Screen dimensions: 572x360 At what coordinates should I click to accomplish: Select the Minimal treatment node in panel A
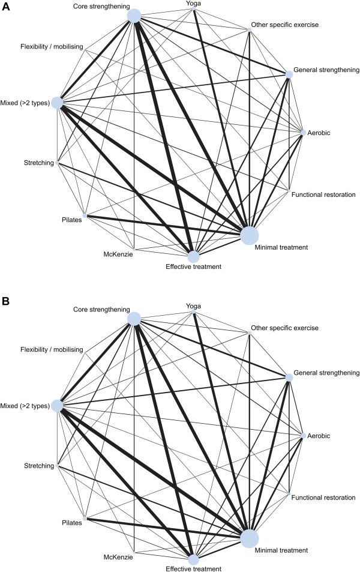(x=249, y=235)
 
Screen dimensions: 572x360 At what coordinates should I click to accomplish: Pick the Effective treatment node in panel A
(x=193, y=256)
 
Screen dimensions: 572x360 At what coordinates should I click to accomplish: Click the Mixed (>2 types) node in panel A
(x=57, y=103)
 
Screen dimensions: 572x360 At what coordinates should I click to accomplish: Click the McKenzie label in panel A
(x=118, y=254)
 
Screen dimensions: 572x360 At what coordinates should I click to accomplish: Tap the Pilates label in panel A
(x=70, y=220)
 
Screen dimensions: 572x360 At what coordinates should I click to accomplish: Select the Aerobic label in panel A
(x=322, y=132)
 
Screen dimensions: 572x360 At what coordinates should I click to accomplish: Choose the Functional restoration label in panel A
(x=323, y=194)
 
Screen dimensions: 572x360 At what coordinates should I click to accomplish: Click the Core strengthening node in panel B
(x=134, y=319)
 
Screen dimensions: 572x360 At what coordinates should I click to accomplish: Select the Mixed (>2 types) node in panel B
(x=57, y=406)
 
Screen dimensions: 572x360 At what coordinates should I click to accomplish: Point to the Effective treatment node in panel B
(x=193, y=559)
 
